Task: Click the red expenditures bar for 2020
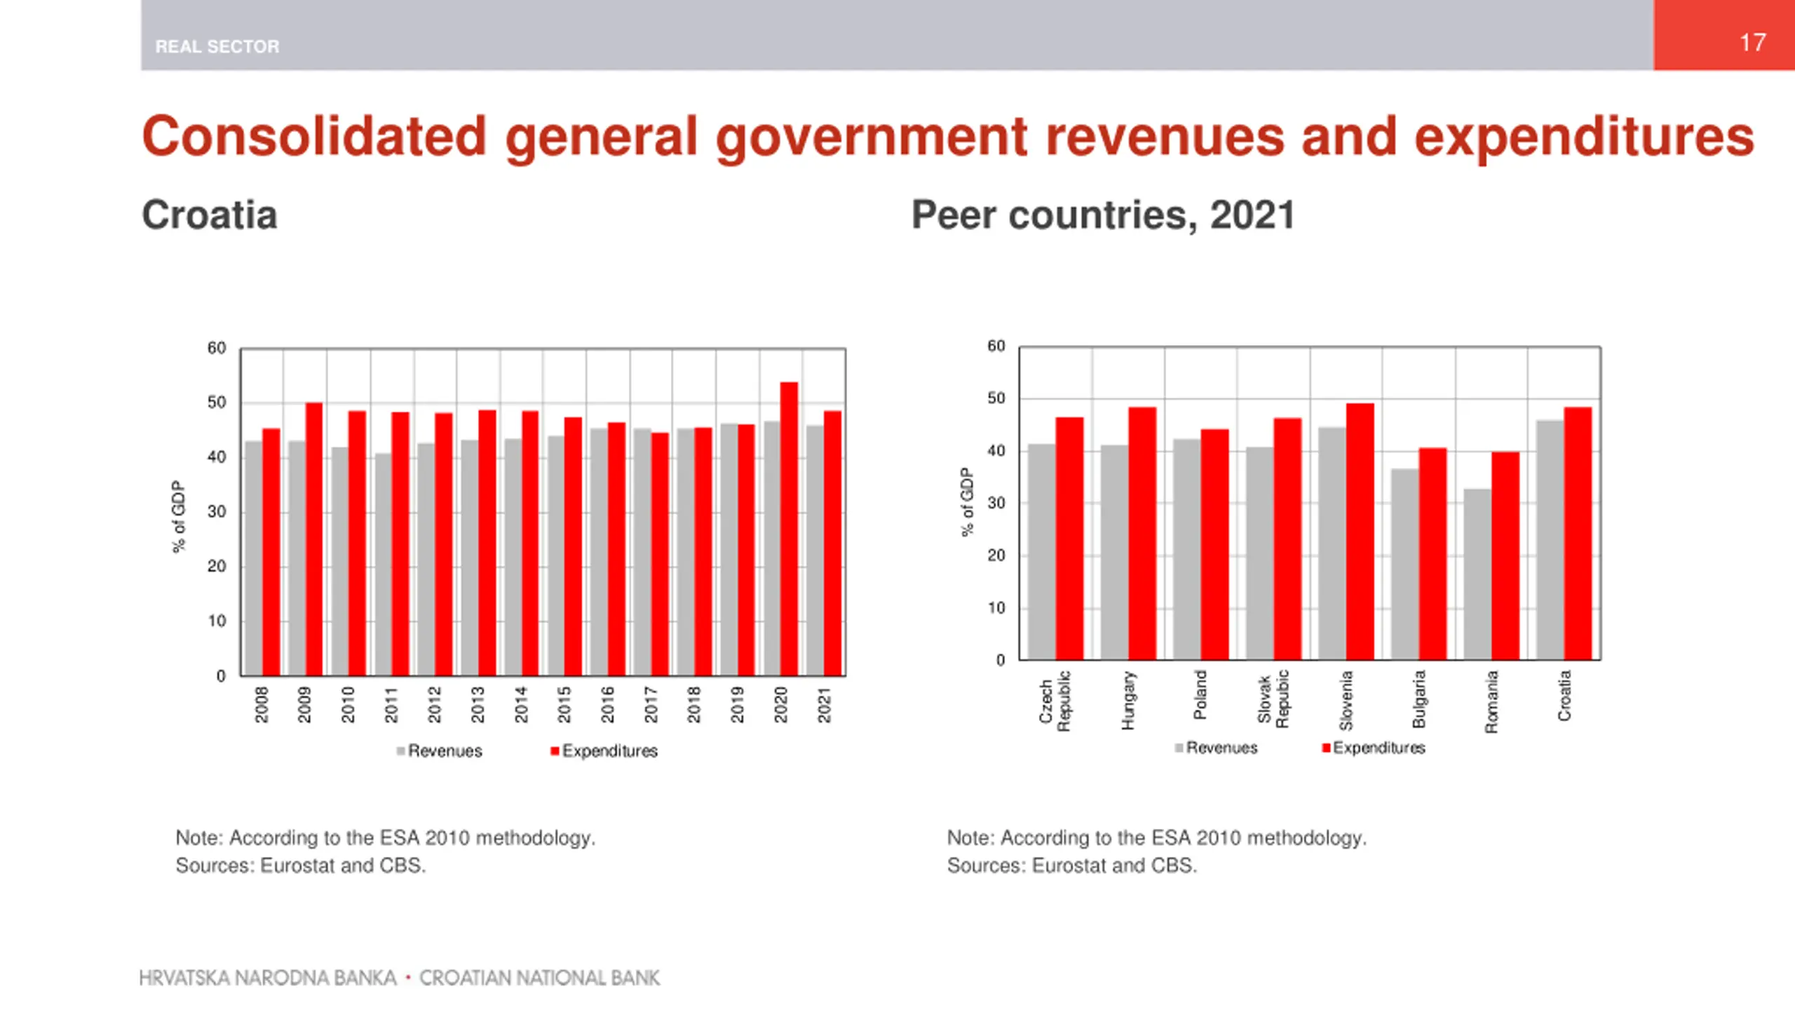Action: pos(789,529)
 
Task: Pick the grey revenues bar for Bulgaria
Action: pos(1405,564)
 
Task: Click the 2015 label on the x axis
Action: pos(564,704)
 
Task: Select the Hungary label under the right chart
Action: pos(1127,700)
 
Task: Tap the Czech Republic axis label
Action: pos(1055,700)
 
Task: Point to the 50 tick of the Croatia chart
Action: pos(217,403)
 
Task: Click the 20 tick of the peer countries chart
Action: pos(996,555)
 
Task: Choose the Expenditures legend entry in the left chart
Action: pos(604,751)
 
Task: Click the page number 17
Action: pos(1752,42)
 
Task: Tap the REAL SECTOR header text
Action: pos(217,46)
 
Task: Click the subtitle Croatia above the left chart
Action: pos(210,215)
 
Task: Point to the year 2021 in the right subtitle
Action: pos(1252,215)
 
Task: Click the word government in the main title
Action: pos(872,137)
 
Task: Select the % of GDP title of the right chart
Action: pos(967,502)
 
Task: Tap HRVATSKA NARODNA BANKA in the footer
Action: pos(268,978)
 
